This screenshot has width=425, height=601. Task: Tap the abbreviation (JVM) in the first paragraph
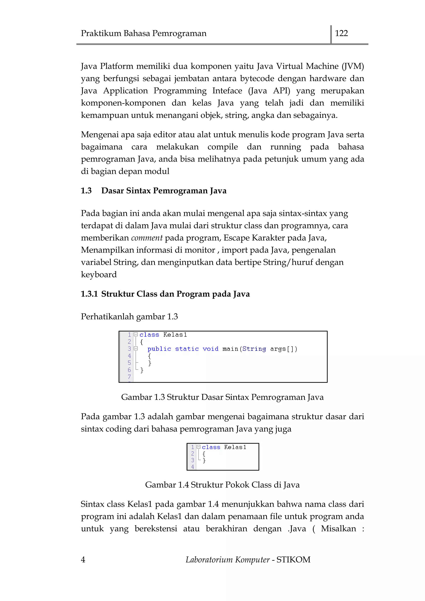click(353, 66)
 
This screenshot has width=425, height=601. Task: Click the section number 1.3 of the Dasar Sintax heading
click(86, 191)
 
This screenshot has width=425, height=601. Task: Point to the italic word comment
click(147, 238)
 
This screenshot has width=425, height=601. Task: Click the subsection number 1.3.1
click(89, 294)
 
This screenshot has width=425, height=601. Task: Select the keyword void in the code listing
click(210, 349)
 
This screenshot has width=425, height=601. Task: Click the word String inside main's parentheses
click(254, 349)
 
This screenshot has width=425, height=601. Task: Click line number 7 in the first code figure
click(129, 377)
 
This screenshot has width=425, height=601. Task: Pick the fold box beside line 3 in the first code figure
click(136, 348)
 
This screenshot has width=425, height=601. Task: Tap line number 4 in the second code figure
click(192, 467)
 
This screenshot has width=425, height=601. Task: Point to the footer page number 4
click(83, 560)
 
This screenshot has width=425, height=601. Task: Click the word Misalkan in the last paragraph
click(338, 529)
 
